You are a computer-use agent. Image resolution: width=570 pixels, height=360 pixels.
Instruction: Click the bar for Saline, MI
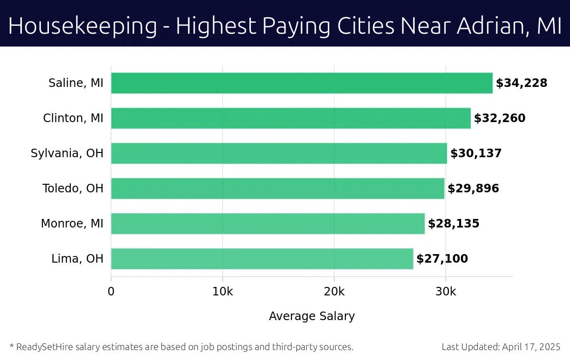click(x=302, y=83)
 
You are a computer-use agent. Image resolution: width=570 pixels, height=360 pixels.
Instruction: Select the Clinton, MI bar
click(x=291, y=118)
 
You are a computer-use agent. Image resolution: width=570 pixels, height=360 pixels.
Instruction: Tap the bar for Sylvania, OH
click(x=279, y=153)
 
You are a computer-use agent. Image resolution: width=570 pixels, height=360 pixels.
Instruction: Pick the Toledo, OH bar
click(x=277, y=189)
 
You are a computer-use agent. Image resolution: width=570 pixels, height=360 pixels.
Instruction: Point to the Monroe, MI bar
click(x=268, y=224)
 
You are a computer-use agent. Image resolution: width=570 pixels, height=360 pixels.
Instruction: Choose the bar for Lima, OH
click(x=262, y=259)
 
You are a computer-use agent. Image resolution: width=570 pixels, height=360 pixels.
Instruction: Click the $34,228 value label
click(x=522, y=83)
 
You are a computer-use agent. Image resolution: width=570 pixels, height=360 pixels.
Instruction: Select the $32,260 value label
click(x=500, y=118)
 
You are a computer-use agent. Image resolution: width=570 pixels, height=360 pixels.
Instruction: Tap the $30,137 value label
click(x=476, y=153)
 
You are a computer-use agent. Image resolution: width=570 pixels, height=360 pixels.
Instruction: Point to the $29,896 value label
click(x=473, y=189)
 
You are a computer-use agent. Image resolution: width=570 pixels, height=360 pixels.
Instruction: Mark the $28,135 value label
click(x=454, y=224)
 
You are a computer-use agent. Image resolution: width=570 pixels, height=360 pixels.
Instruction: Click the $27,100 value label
click(x=442, y=259)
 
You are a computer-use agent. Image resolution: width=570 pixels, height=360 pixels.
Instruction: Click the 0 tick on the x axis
click(x=111, y=292)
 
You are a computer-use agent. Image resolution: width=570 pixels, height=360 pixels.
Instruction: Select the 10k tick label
click(x=222, y=292)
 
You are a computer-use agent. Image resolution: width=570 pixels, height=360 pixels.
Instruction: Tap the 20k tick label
click(x=334, y=292)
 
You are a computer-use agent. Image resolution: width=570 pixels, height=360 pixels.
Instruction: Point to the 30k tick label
click(x=446, y=292)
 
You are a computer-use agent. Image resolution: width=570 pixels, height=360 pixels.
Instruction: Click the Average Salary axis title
click(x=312, y=316)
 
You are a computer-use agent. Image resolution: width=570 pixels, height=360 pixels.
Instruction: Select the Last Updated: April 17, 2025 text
click(x=501, y=347)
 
